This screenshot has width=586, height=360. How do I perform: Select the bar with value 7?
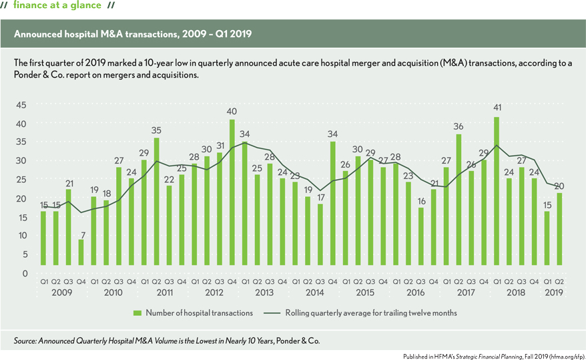tap(81, 252)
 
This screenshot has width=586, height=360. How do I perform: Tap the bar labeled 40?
tap(232, 192)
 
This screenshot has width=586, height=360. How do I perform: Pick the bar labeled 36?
tap(459, 200)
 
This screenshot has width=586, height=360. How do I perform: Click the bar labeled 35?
tap(156, 201)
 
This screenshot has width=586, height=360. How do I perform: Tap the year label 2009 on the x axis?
tap(61, 292)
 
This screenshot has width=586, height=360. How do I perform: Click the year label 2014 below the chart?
tap(314, 292)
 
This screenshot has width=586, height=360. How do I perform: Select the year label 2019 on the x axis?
tap(554, 292)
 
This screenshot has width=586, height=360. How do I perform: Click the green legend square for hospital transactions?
tap(137, 312)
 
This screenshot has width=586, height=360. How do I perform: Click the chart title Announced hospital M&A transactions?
tap(133, 33)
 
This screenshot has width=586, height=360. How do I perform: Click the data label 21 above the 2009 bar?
tap(68, 184)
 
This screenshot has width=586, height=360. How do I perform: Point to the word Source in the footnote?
tap(25, 341)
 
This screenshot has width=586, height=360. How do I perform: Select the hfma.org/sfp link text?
tap(562, 355)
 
